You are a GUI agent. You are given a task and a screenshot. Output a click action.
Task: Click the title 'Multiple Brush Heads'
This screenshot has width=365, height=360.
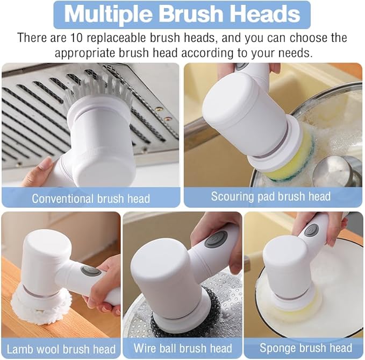(x=182, y=15)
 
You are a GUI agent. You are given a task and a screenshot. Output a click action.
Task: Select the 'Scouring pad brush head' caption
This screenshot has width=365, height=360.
(x=270, y=196)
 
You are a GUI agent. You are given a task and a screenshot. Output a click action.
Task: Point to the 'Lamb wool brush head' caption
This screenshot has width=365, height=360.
(x=60, y=349)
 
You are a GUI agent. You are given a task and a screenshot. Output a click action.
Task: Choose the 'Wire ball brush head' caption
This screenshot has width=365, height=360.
(x=182, y=349)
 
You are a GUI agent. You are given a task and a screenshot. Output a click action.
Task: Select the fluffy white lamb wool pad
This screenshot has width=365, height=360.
(x=40, y=304)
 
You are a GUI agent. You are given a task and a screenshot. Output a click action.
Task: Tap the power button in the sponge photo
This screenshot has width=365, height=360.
(x=311, y=230)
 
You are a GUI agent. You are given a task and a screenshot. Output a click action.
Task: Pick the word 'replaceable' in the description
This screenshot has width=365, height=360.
(x=125, y=39)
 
